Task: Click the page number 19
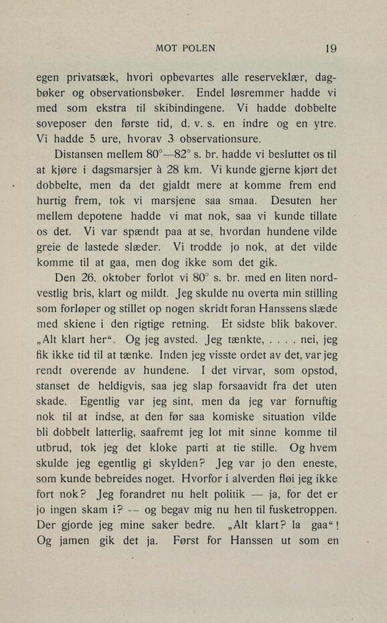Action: [x=329, y=48]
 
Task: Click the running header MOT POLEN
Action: [x=185, y=48]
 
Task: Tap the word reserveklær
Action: [x=263, y=77]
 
